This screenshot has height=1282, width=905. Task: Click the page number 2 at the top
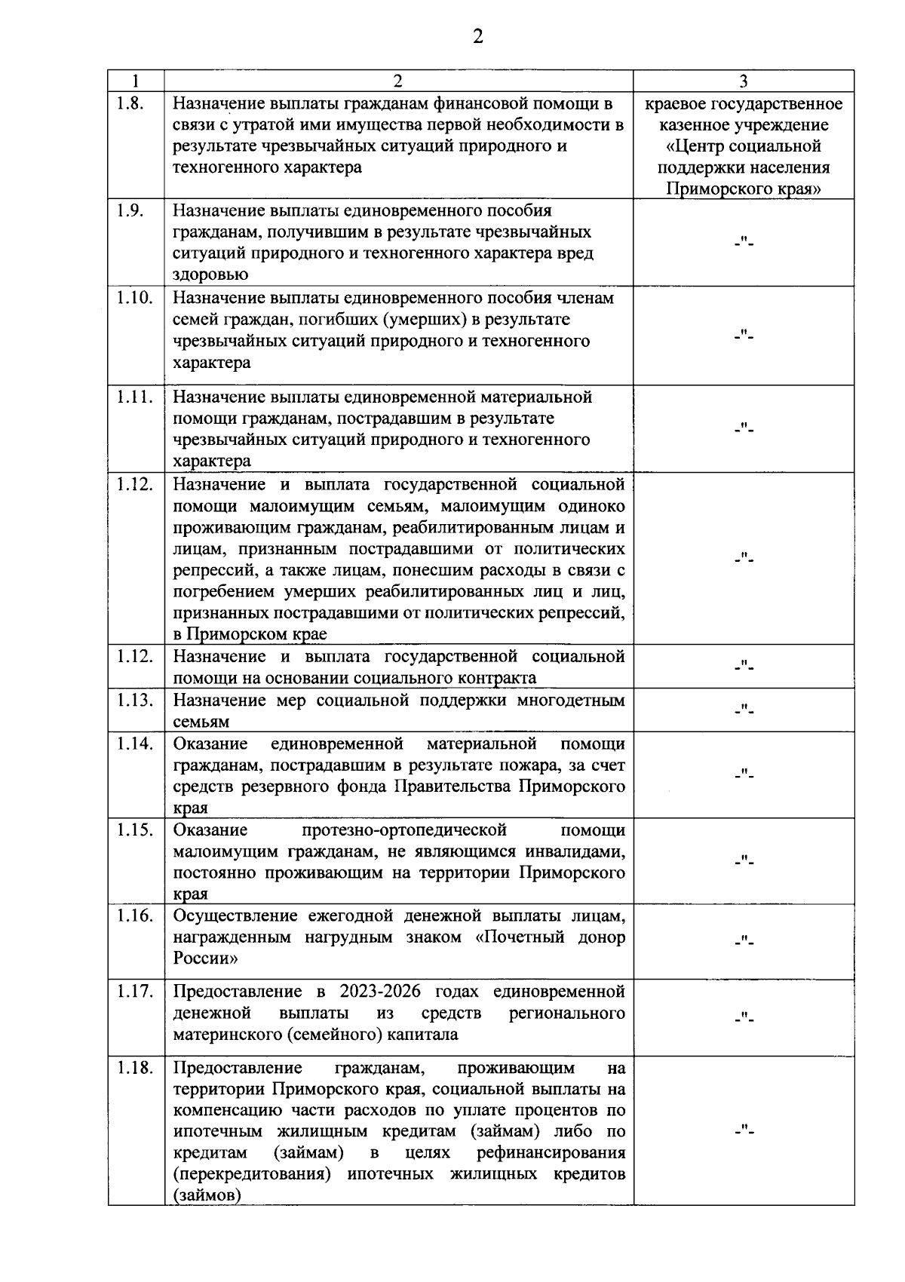[477, 37]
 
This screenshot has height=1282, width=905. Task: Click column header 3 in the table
[743, 81]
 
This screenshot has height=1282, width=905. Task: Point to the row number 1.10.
[135, 298]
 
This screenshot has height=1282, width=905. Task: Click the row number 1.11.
[135, 397]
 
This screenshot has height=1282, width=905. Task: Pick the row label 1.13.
[135, 700]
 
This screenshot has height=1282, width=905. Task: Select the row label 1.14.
[135, 744]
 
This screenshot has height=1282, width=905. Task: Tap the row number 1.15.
[135, 830]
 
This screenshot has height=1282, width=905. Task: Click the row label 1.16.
[135, 915]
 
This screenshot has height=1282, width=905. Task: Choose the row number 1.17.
[135, 991]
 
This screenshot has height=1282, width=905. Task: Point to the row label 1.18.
[135, 1068]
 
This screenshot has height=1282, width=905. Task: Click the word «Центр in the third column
[695, 146]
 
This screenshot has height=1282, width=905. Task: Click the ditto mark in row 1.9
[744, 243]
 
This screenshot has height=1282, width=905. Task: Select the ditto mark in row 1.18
[744, 1130]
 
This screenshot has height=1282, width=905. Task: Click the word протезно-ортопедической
[403, 830]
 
